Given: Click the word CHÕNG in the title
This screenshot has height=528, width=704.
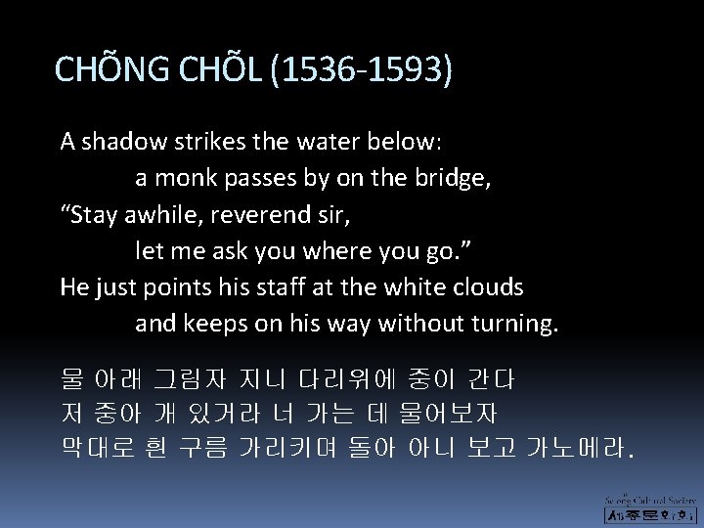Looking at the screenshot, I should coord(113,70).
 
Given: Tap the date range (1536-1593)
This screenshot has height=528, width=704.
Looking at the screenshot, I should coord(369,70).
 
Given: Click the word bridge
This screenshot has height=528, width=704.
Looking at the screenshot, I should coord(446,177).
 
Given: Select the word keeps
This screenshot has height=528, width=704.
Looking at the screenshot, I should coord(211,324).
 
